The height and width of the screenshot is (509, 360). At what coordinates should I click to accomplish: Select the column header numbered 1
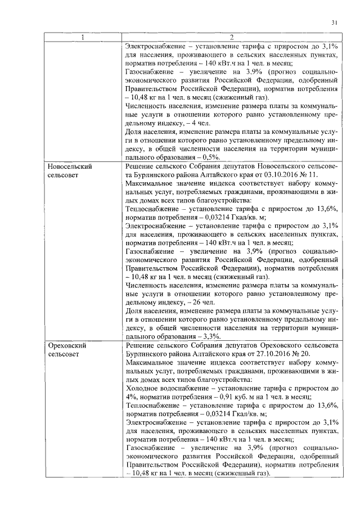point(83,38)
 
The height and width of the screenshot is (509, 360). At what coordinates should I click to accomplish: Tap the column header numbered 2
point(232,38)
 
